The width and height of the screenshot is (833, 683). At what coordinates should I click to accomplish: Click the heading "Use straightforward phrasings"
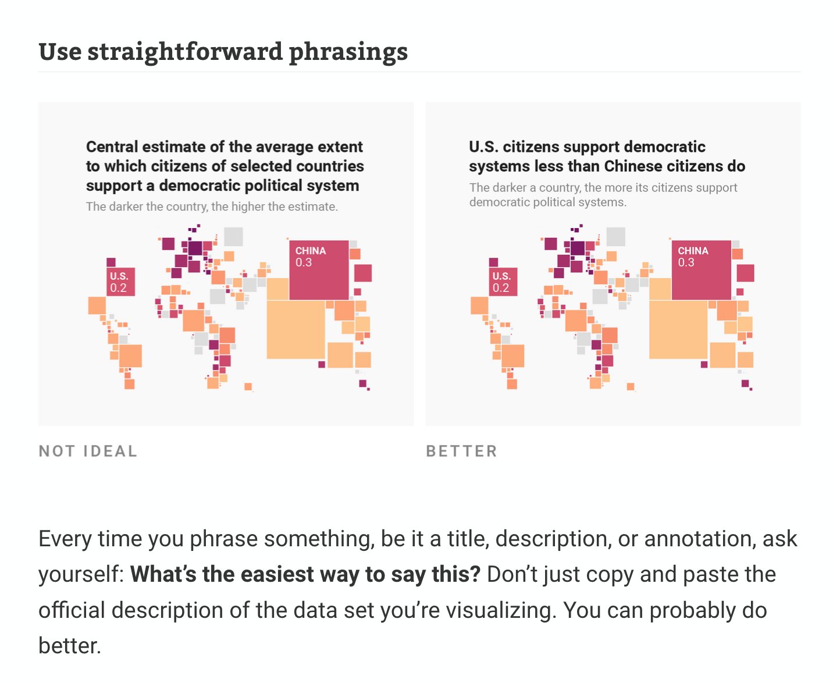click(x=223, y=52)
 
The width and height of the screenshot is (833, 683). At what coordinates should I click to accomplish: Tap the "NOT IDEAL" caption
click(x=88, y=451)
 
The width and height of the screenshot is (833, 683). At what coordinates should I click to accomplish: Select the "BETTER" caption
click(x=461, y=451)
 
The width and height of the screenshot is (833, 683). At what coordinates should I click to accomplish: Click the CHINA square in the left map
click(x=319, y=270)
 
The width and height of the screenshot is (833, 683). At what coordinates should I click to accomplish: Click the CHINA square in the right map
click(x=702, y=270)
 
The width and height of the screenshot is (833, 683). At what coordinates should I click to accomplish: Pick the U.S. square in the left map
click(x=121, y=282)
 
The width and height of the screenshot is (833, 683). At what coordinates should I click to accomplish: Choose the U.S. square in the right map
click(x=503, y=282)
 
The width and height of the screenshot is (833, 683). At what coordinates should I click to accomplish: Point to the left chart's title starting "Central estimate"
click(x=225, y=166)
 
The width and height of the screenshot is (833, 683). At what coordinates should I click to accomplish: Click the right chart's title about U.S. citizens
click(x=607, y=156)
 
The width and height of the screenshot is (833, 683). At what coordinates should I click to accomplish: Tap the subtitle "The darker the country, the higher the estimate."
click(x=212, y=207)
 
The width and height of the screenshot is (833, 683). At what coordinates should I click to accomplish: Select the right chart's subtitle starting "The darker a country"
click(x=603, y=195)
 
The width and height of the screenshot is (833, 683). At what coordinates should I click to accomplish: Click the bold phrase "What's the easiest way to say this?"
click(x=305, y=574)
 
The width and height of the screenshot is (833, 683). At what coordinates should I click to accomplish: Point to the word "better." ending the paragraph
click(x=70, y=646)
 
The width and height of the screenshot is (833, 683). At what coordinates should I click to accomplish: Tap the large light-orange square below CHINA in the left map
click(x=296, y=329)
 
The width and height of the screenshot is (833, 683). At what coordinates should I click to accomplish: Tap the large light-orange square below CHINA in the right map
click(x=678, y=329)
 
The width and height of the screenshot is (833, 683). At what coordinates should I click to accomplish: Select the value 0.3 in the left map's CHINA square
click(x=304, y=262)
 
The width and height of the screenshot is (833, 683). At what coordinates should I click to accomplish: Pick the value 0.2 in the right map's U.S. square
click(x=501, y=288)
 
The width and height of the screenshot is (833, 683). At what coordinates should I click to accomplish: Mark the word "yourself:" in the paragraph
click(x=81, y=574)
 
